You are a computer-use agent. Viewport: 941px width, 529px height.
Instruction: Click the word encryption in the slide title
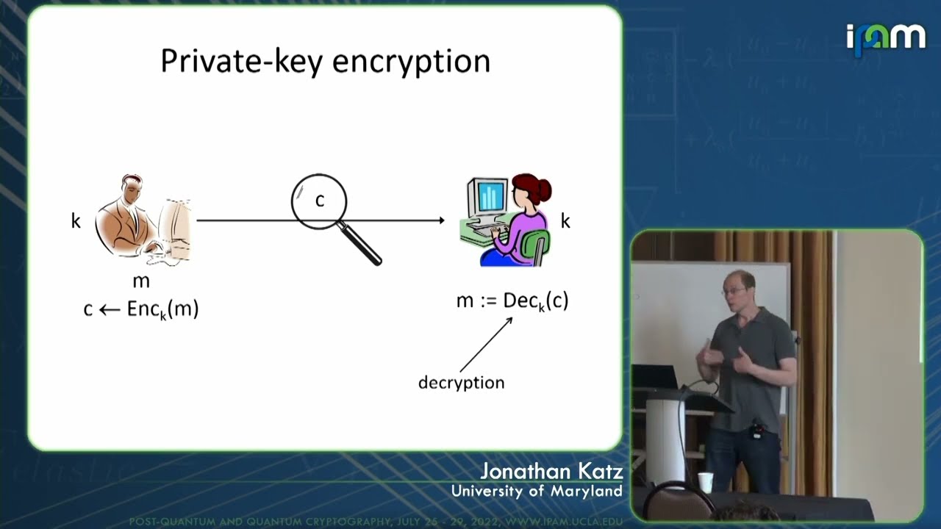point(411,62)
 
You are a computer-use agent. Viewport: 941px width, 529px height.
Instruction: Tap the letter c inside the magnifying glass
point(320,200)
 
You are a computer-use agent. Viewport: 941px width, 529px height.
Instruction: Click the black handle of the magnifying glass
point(363,246)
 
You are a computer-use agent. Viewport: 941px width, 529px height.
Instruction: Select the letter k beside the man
point(76,220)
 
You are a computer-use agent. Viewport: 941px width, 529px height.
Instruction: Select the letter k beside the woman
point(565,220)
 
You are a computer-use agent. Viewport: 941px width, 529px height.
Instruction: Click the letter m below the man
point(141,281)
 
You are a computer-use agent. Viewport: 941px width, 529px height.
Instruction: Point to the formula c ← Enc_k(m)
point(141,309)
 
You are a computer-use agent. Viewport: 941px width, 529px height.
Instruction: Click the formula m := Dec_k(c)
point(512,301)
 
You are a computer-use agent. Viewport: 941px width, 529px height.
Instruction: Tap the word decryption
point(461,383)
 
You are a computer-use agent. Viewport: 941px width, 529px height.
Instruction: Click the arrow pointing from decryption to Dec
point(486,344)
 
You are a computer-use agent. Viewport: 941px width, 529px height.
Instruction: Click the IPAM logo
point(885,38)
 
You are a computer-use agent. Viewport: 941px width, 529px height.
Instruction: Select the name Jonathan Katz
point(551,472)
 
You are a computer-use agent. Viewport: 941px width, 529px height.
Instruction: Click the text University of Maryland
point(537,491)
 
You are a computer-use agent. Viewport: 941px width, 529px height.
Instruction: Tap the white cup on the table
point(706,482)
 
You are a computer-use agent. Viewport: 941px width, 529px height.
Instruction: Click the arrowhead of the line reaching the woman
point(440,220)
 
